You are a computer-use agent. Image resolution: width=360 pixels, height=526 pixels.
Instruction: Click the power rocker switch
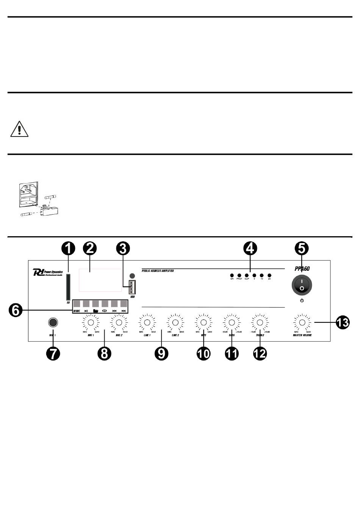pos(302,285)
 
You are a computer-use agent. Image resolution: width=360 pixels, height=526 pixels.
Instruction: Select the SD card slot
pos(68,286)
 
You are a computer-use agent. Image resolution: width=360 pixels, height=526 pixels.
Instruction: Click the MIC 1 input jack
pos(53,322)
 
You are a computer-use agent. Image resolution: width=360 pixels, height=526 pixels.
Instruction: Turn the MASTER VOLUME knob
pos(302,323)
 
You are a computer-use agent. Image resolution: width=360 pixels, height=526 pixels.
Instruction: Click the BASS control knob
pos(232,323)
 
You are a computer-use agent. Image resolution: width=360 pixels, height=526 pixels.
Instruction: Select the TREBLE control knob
pos(260,323)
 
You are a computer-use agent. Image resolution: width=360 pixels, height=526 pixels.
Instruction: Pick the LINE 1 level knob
pos(147,323)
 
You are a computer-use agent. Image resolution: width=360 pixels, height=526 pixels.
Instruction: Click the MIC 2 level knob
pos(119,323)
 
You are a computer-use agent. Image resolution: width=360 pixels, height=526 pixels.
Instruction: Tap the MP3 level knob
pos(203,323)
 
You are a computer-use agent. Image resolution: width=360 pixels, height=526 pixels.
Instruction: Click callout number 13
pos(343,322)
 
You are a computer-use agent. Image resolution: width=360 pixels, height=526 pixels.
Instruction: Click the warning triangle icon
pos(19,129)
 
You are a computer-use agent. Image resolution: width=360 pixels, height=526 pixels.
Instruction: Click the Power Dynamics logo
pos(48,272)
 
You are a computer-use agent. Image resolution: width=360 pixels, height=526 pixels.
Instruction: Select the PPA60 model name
pos(302,269)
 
